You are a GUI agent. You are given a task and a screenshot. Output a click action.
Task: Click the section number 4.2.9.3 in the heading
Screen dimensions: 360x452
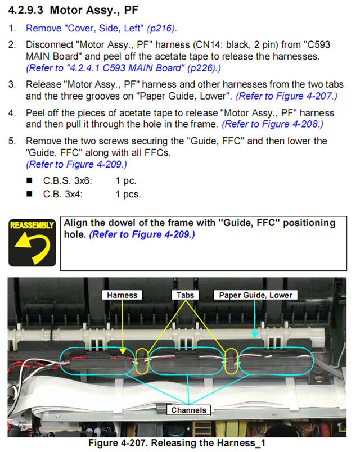coord(26,10)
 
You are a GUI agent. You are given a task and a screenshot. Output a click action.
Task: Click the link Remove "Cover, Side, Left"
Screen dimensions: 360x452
coord(85,28)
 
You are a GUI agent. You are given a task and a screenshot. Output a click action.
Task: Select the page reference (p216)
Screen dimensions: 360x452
coord(162,29)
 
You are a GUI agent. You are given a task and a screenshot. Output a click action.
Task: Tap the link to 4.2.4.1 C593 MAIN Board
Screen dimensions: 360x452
coord(123,68)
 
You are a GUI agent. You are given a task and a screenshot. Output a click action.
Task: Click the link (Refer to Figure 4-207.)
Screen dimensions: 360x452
coord(286,96)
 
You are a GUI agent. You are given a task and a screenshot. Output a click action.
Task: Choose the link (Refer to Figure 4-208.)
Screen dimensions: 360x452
coord(272,124)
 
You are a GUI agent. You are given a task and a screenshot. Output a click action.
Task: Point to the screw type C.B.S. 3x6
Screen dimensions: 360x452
coord(67,180)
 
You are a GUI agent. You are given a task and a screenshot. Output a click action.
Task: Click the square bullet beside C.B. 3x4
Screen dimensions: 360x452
coord(29,194)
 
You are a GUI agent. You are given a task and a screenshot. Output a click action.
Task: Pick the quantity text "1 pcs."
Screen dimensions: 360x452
coord(128,195)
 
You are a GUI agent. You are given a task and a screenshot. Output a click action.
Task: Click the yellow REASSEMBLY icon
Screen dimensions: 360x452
coord(32,242)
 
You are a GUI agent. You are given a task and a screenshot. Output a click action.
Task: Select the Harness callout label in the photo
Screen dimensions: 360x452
coord(122,295)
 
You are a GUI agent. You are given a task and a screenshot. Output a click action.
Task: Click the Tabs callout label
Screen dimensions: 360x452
coord(185,295)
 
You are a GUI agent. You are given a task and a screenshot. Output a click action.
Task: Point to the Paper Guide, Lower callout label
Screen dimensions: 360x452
coord(255,295)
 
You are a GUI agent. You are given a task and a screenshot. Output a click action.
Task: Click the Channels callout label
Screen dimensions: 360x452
coord(188,410)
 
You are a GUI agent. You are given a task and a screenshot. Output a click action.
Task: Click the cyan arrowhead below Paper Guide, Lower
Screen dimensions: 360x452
coord(255,335)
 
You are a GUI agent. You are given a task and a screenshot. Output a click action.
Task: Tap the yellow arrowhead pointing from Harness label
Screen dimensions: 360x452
coord(123,351)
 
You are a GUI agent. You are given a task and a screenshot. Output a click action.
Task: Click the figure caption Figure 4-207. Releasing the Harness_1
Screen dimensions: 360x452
coord(177,443)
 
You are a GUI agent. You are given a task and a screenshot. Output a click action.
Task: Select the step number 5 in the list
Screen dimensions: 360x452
coord(12,141)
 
